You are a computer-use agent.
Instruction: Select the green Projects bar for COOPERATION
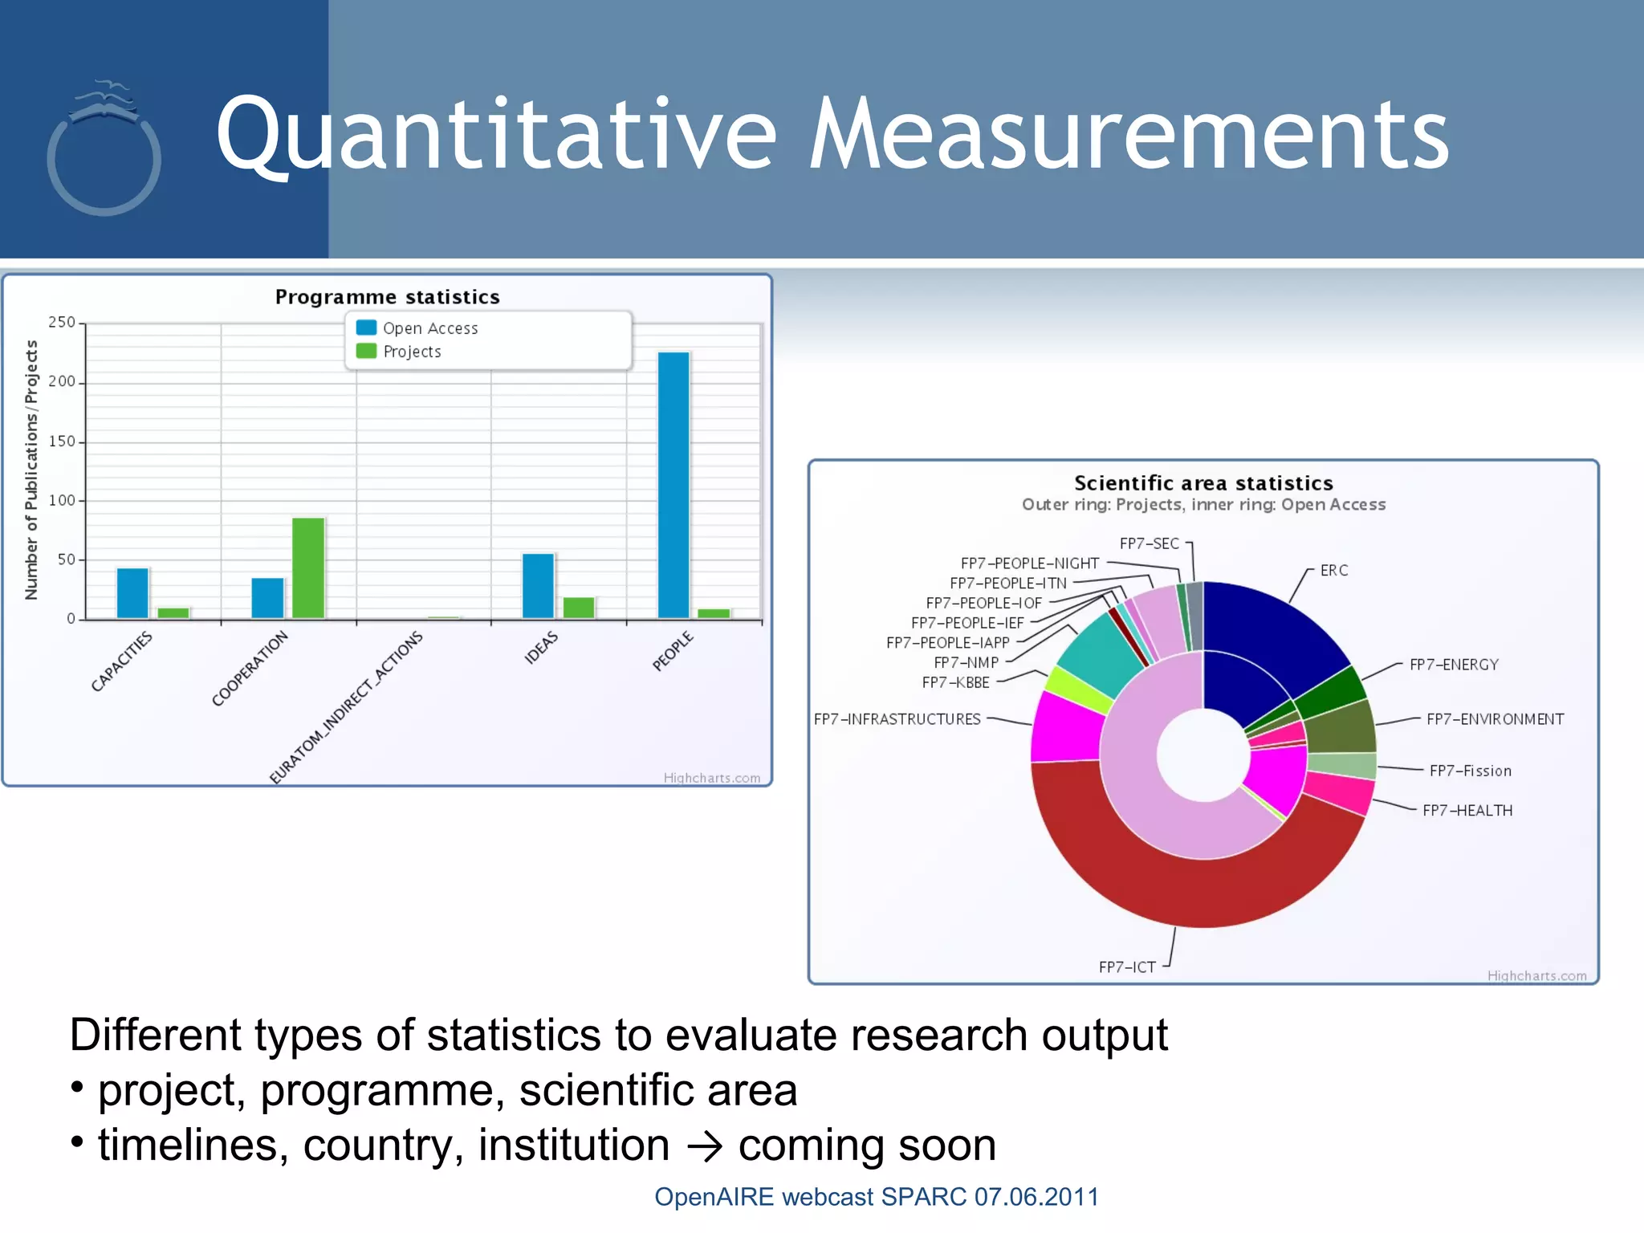(x=308, y=568)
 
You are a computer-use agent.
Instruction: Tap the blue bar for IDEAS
(x=538, y=586)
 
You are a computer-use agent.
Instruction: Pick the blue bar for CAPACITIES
(x=132, y=593)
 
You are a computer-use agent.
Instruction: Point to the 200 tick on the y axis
(x=62, y=382)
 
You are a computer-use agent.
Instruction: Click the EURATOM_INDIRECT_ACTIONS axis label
(x=346, y=706)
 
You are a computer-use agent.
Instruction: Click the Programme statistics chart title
(x=387, y=297)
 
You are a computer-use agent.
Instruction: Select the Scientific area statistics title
(x=1203, y=483)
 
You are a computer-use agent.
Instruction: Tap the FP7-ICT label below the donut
(x=1127, y=967)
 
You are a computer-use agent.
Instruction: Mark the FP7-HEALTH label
(x=1467, y=811)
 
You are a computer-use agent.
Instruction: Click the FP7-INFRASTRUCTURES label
(x=897, y=719)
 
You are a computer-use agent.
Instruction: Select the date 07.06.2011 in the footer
(x=1036, y=1197)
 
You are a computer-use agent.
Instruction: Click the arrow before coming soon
(x=704, y=1146)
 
